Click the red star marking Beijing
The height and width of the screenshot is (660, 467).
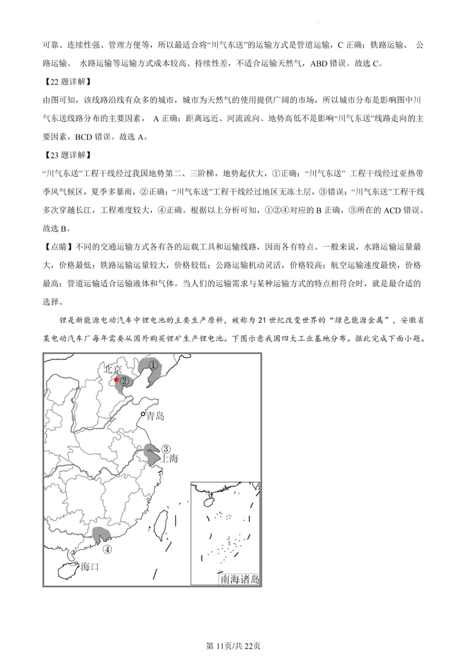116,380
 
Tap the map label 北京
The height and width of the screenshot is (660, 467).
113,369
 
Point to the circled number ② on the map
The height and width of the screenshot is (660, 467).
125,381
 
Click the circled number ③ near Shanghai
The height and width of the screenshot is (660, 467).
165,449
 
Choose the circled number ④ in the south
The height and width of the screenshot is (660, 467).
107,549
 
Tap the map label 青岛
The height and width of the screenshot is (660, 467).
155,416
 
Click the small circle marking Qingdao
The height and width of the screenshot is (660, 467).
143,414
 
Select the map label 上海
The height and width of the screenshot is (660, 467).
169,459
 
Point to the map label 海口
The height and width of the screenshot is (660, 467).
90,567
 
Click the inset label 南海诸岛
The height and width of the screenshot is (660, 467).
240,579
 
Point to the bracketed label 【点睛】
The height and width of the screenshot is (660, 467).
59,247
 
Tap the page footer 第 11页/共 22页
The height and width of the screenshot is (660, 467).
233,646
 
